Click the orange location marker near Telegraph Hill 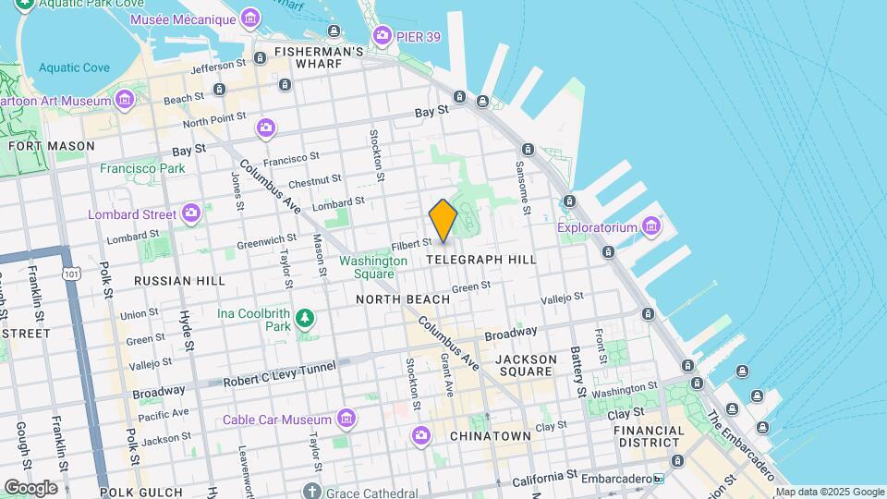coord(443,221)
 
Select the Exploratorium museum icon coord(652,225)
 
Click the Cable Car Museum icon coord(346,420)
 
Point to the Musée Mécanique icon coord(249,18)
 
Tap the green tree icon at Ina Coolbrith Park coord(305,320)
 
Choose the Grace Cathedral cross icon coord(313,491)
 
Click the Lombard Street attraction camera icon coord(191,214)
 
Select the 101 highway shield coord(71,274)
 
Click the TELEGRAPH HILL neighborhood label coord(481,261)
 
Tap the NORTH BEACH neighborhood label coord(403,299)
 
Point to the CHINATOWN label coord(490,435)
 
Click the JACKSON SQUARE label coord(526,365)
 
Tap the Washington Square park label coord(373,267)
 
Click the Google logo coord(30,487)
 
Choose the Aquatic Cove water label coord(74,68)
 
